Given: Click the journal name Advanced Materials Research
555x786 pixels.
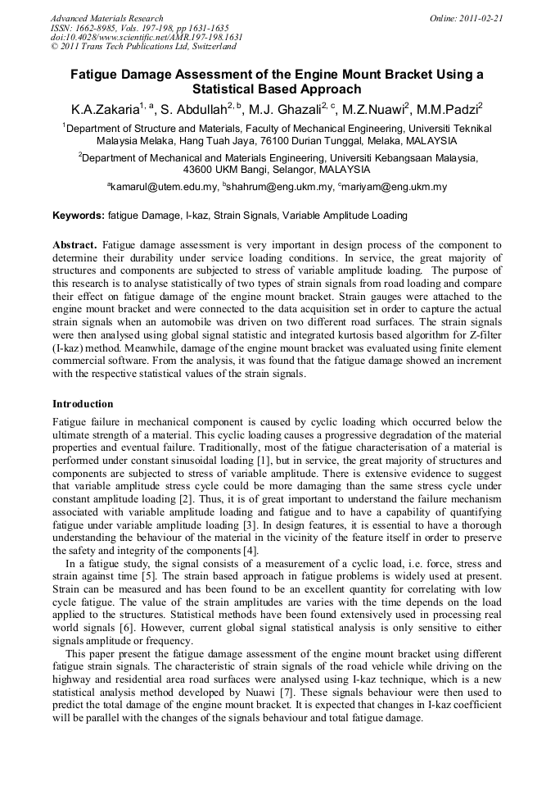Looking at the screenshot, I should [106, 18].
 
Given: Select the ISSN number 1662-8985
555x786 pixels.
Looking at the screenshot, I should [102, 28].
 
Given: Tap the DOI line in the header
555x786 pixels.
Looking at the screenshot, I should [147, 38].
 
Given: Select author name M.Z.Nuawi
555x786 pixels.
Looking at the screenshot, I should [377, 109].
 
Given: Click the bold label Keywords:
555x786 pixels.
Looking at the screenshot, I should [78, 216].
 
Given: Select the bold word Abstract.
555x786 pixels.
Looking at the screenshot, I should [75, 245].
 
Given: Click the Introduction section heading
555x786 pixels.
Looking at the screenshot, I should [83, 404].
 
